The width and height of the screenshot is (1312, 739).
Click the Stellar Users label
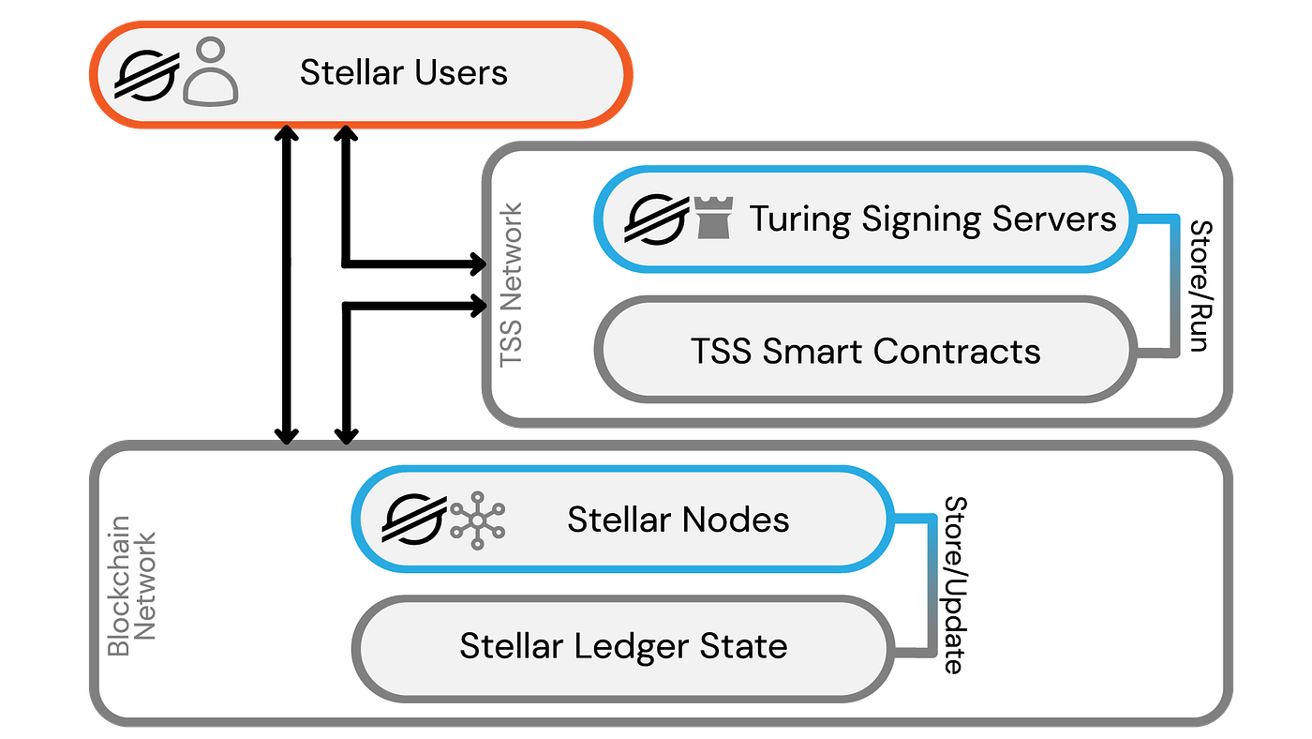pyautogui.click(x=403, y=73)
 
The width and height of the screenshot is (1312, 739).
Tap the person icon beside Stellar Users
pyautogui.click(x=211, y=71)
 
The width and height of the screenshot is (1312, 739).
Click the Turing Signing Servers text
pyautogui.click(x=932, y=219)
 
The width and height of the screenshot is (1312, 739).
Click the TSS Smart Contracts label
pyautogui.click(x=865, y=352)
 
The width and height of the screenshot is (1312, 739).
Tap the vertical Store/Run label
pyautogui.click(x=1200, y=285)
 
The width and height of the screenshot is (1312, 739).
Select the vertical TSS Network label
pyautogui.click(x=512, y=285)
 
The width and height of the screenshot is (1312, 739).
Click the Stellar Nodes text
pyautogui.click(x=678, y=520)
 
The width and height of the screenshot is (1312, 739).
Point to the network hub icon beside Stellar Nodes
pyautogui.click(x=477, y=519)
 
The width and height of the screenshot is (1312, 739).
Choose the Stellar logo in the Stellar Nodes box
pyautogui.click(x=412, y=519)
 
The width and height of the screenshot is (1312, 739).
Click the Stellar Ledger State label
pyautogui.click(x=623, y=646)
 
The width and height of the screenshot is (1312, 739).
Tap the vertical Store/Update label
pyautogui.click(x=953, y=584)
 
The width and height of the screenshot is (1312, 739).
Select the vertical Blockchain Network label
pyautogui.click(x=132, y=585)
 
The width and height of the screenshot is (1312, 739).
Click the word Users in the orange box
pyautogui.click(x=463, y=73)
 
